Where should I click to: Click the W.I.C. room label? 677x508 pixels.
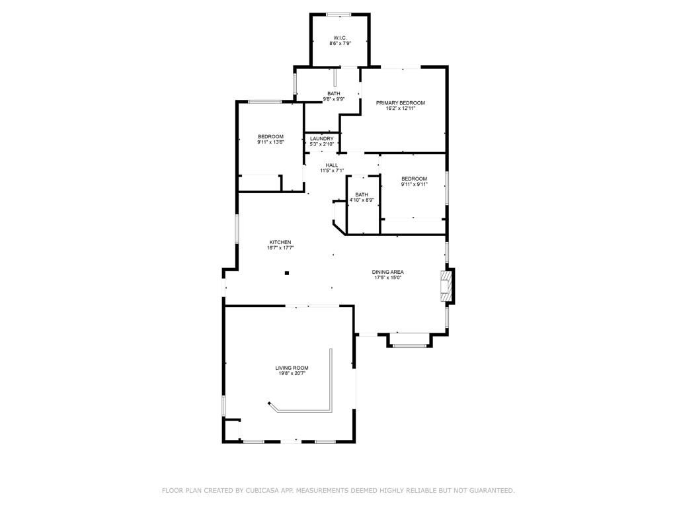pos(340,38)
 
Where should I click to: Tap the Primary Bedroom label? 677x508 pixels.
pos(400,103)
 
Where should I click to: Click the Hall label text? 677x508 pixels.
pos(332,165)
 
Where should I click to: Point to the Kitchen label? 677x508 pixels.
pos(280,242)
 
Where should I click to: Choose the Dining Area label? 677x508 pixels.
pos(387,272)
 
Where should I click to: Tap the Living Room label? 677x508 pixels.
pos(292,368)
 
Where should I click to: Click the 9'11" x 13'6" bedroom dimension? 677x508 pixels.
pos(270,142)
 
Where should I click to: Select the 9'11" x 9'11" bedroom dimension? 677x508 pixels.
pos(414,185)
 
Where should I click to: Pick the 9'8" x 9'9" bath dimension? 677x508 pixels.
pos(334,99)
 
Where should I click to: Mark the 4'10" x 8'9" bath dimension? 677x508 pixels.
pos(362,200)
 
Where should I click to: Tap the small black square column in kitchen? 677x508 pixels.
pos(287,273)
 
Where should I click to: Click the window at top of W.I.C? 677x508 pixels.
pos(338,14)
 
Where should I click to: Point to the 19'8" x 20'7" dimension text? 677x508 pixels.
pos(292,374)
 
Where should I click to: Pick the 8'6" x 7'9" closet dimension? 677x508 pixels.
pos(340,44)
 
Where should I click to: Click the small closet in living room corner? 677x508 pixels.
pos(232,430)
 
